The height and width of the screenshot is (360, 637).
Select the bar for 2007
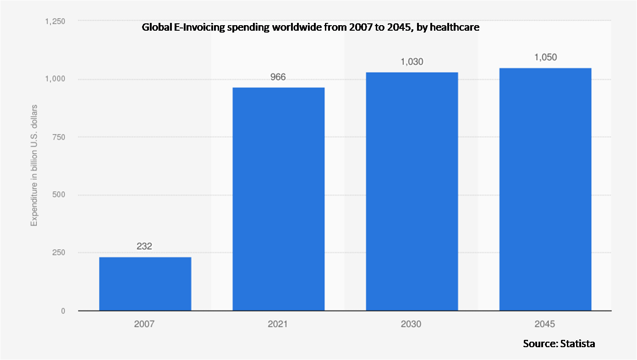click(145, 284)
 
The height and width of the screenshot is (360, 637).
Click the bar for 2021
click(279, 199)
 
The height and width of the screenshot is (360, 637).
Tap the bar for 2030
click(412, 191)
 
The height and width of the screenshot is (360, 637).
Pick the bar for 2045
click(545, 189)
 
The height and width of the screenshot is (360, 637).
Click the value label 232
click(144, 246)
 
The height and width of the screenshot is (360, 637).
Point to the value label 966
click(278, 76)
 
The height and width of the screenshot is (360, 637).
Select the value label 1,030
click(412, 62)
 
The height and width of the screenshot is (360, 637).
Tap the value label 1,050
click(545, 57)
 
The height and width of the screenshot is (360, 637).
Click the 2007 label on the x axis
click(144, 324)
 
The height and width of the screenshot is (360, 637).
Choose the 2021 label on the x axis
click(278, 324)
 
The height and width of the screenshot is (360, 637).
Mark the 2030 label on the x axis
click(411, 324)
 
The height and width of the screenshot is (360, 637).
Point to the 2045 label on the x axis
click(544, 324)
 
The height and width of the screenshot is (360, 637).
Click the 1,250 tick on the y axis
click(55, 22)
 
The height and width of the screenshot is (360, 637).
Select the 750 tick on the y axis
click(59, 137)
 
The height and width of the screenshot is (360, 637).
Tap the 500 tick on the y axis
click(59, 195)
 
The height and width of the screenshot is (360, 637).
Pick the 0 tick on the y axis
click(63, 311)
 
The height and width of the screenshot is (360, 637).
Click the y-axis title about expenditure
click(34, 165)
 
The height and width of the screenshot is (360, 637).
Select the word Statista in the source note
click(577, 344)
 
